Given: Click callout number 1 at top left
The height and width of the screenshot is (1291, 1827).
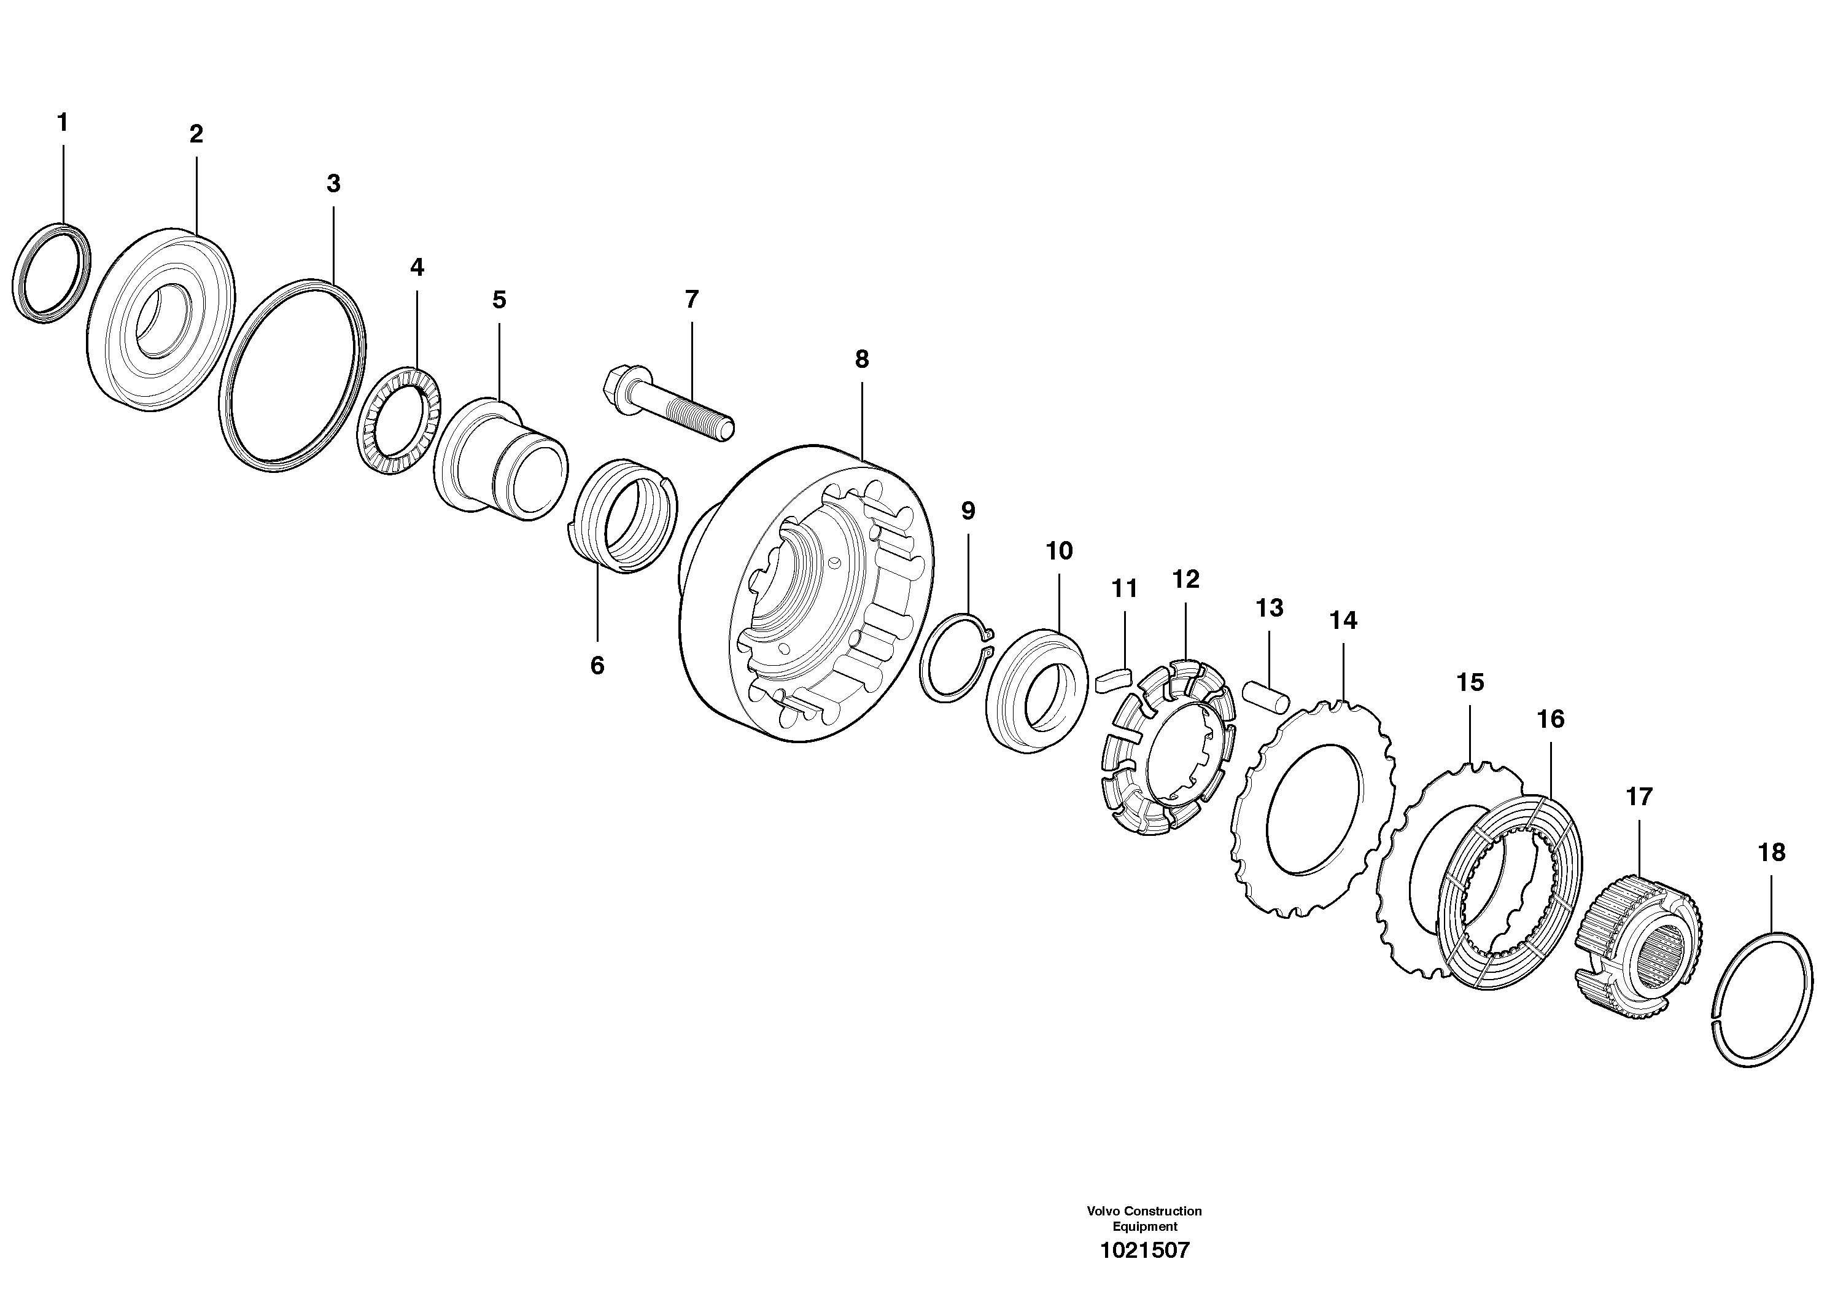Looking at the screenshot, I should tap(62, 123).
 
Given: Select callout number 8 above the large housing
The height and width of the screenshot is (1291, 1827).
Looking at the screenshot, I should tap(862, 360).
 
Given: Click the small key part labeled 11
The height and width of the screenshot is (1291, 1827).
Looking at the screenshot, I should tap(1112, 681).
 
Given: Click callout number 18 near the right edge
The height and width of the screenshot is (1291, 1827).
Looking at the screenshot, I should tap(1771, 852).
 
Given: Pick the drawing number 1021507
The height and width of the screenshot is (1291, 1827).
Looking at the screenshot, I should tap(1144, 1250).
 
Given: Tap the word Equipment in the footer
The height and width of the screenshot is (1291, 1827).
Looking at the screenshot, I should tap(1144, 1227).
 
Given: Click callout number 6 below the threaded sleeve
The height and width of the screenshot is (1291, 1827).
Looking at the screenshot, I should tap(597, 665).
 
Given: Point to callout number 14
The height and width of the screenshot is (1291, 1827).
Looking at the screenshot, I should tap(1343, 621).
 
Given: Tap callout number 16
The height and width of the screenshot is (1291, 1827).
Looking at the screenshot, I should tap(1550, 720).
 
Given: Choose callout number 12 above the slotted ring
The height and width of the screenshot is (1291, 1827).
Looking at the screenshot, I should tap(1185, 579).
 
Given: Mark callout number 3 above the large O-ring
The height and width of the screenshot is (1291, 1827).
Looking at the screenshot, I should tap(333, 184).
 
